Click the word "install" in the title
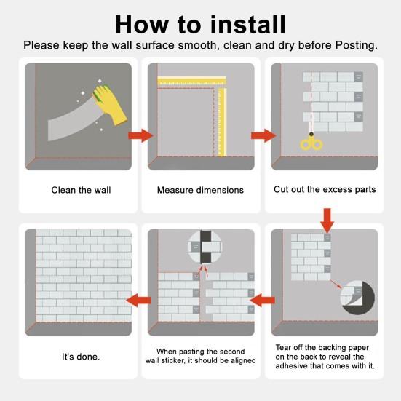click(x=247, y=24)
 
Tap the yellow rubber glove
click(x=110, y=105)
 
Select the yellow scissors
click(x=311, y=141)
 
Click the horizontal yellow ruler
click(x=192, y=81)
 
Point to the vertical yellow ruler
click(x=222, y=122)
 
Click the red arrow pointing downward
click(x=327, y=221)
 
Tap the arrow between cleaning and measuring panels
click(x=140, y=135)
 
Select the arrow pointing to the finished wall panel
click(x=138, y=300)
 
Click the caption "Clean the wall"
click(x=81, y=190)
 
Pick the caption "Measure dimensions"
click(x=200, y=190)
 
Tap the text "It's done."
click(x=81, y=357)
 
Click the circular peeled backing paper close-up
click(x=357, y=298)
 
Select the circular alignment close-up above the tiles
click(x=205, y=247)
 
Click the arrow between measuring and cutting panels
click(x=263, y=135)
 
